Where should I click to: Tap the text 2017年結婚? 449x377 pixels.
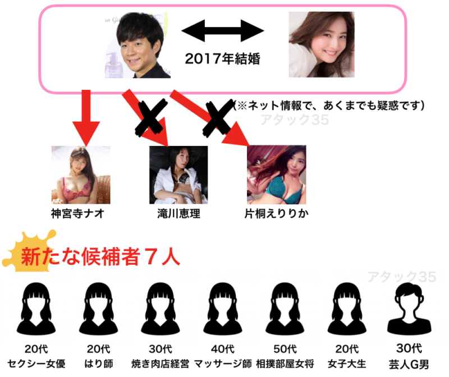point(223,58)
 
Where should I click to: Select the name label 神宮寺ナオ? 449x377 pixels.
point(79,213)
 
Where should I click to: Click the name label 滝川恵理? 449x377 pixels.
point(179,214)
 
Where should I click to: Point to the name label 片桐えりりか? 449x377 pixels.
point(277,214)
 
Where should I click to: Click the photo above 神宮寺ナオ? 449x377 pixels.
point(79,174)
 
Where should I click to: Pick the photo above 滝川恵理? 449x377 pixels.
point(178,174)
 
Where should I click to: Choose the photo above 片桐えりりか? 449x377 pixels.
point(277,174)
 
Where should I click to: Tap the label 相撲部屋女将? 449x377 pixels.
point(286,363)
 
